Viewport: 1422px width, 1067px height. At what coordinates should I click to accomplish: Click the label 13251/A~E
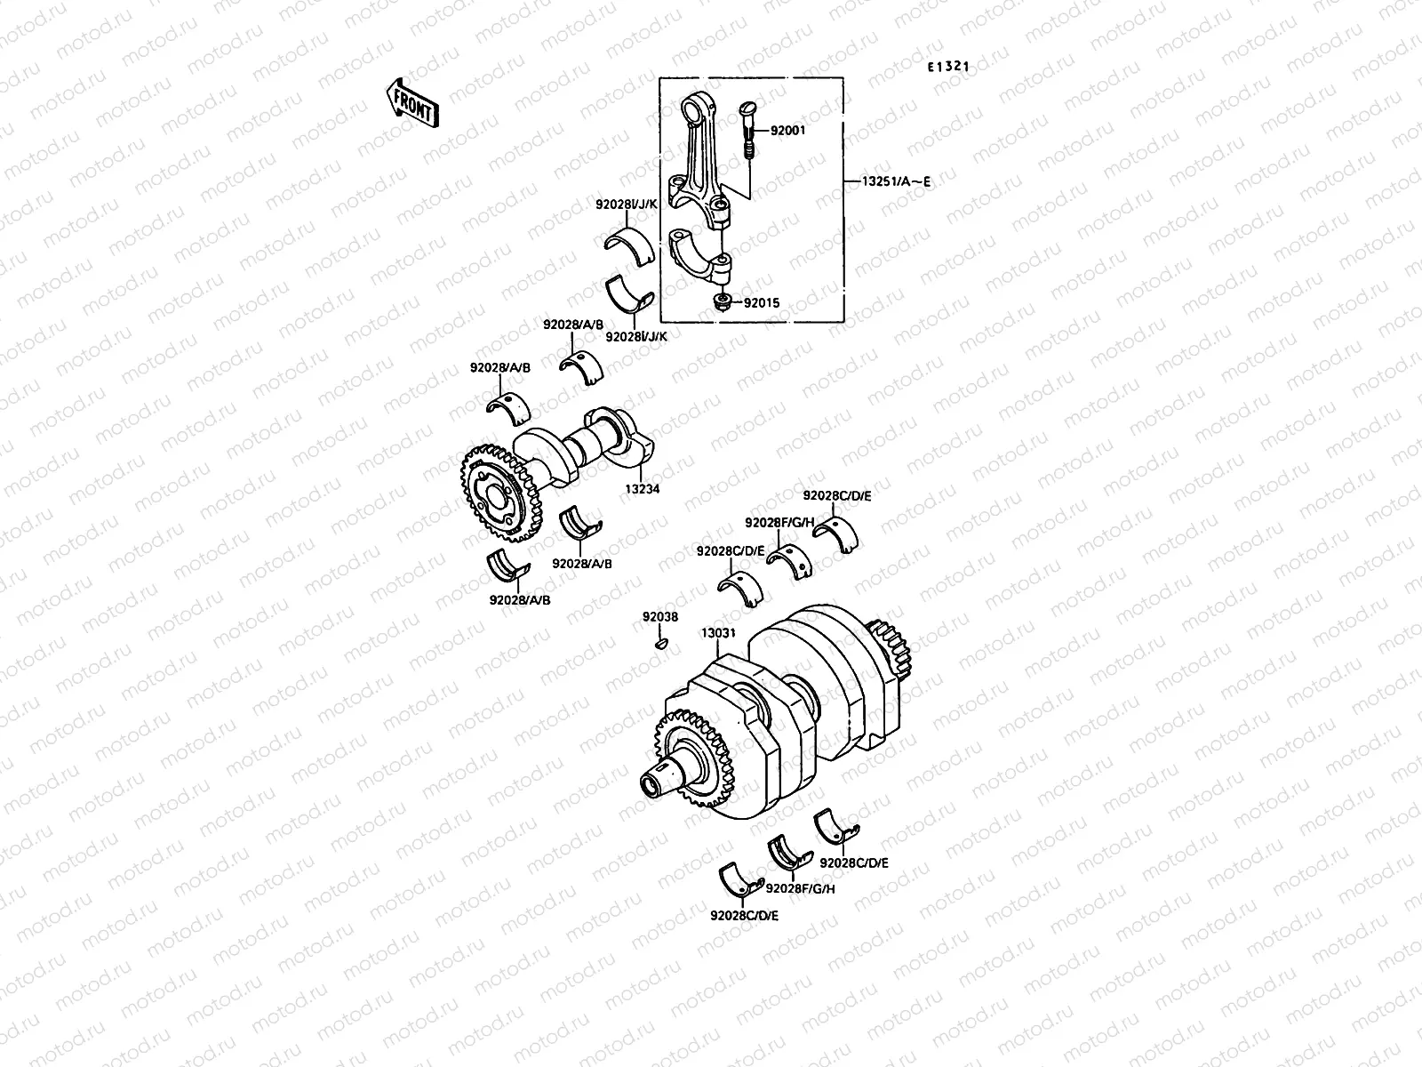coord(896,182)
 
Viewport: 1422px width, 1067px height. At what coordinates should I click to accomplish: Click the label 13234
coord(641,488)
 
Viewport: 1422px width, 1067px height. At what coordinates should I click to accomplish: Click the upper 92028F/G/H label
coord(779,522)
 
